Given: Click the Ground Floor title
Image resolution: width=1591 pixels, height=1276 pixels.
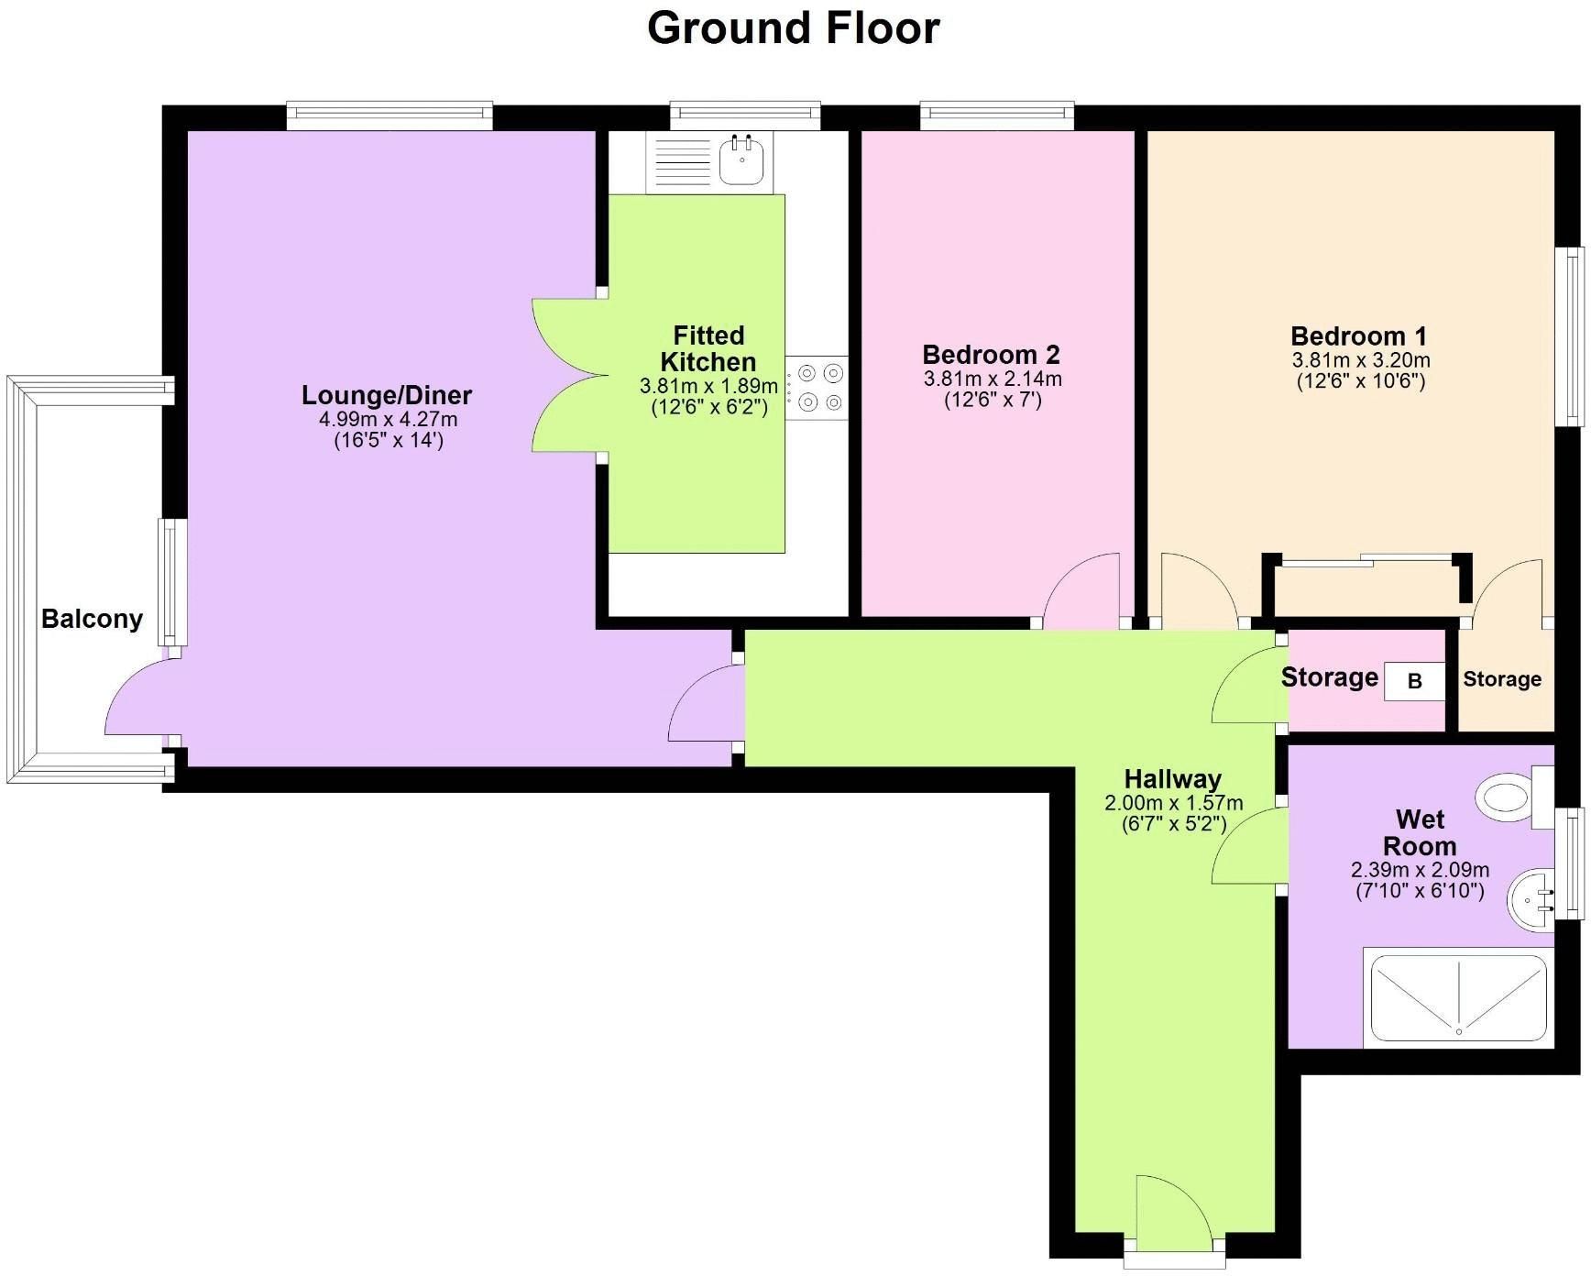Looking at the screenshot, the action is (x=794, y=27).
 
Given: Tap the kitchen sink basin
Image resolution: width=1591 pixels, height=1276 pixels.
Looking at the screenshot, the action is (x=742, y=161).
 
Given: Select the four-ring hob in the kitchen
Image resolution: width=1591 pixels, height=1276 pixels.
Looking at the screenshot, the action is (x=817, y=387).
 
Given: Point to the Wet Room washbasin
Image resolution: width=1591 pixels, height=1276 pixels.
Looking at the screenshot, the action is (x=1531, y=899).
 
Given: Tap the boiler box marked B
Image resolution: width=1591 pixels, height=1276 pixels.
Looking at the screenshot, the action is (x=1414, y=681).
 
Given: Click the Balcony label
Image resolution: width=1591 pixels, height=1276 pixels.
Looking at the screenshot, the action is (x=92, y=619).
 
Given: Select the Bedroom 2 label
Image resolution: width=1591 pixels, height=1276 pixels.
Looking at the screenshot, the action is (x=991, y=354).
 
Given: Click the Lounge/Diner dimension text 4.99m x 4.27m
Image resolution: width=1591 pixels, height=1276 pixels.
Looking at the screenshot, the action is (x=388, y=420).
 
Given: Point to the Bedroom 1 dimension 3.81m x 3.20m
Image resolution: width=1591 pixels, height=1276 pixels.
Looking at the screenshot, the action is (x=1361, y=360).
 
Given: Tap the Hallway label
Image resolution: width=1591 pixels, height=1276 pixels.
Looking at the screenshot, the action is (x=1173, y=779).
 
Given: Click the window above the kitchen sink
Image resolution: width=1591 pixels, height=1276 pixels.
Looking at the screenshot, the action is (x=745, y=115).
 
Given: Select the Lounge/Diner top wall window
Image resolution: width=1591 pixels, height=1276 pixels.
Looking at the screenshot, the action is (x=390, y=115).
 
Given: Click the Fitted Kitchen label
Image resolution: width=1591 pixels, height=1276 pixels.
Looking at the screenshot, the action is (x=708, y=348).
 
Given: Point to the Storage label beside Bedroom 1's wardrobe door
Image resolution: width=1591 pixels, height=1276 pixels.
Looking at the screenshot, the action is (x=1501, y=679).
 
